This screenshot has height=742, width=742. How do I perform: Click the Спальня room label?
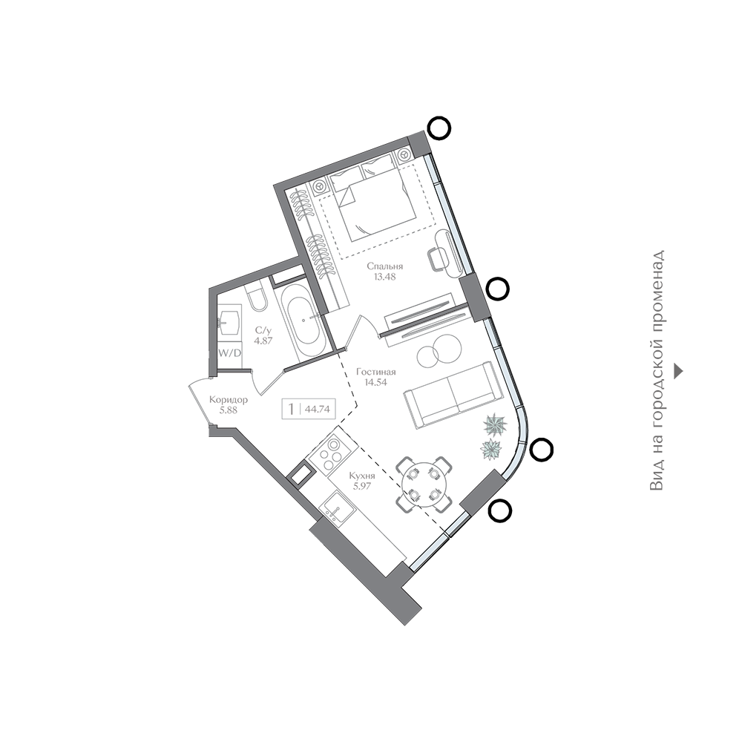coord(384,266)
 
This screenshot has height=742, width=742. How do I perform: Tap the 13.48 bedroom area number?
coord(384,277)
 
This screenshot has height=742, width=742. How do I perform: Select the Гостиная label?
coord(376,372)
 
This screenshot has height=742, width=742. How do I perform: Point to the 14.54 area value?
coord(375,382)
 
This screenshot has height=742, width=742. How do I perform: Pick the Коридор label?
coord(228,401)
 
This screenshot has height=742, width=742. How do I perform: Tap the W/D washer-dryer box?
coord(229,352)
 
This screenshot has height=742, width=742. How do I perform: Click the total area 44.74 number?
coord(318,410)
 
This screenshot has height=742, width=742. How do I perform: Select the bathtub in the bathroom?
coord(301,319)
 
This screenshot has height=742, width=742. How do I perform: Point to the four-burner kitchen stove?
coord(329,451)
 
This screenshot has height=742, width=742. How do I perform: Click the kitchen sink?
coord(338,508)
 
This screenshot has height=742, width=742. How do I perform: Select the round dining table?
coord(423,484)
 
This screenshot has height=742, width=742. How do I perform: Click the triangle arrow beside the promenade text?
coord(679,371)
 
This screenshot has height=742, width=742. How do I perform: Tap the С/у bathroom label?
coord(263,330)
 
